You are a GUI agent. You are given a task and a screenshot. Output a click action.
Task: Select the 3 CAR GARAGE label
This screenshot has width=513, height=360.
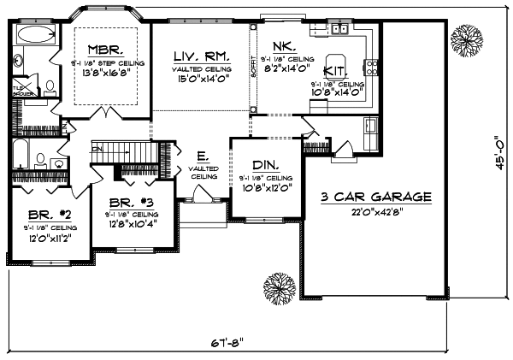tap(375, 198)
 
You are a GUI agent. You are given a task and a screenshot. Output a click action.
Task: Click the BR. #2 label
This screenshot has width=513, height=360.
tap(46, 215)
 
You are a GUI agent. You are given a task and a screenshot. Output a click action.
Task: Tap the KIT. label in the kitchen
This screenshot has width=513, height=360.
tap(336, 74)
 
